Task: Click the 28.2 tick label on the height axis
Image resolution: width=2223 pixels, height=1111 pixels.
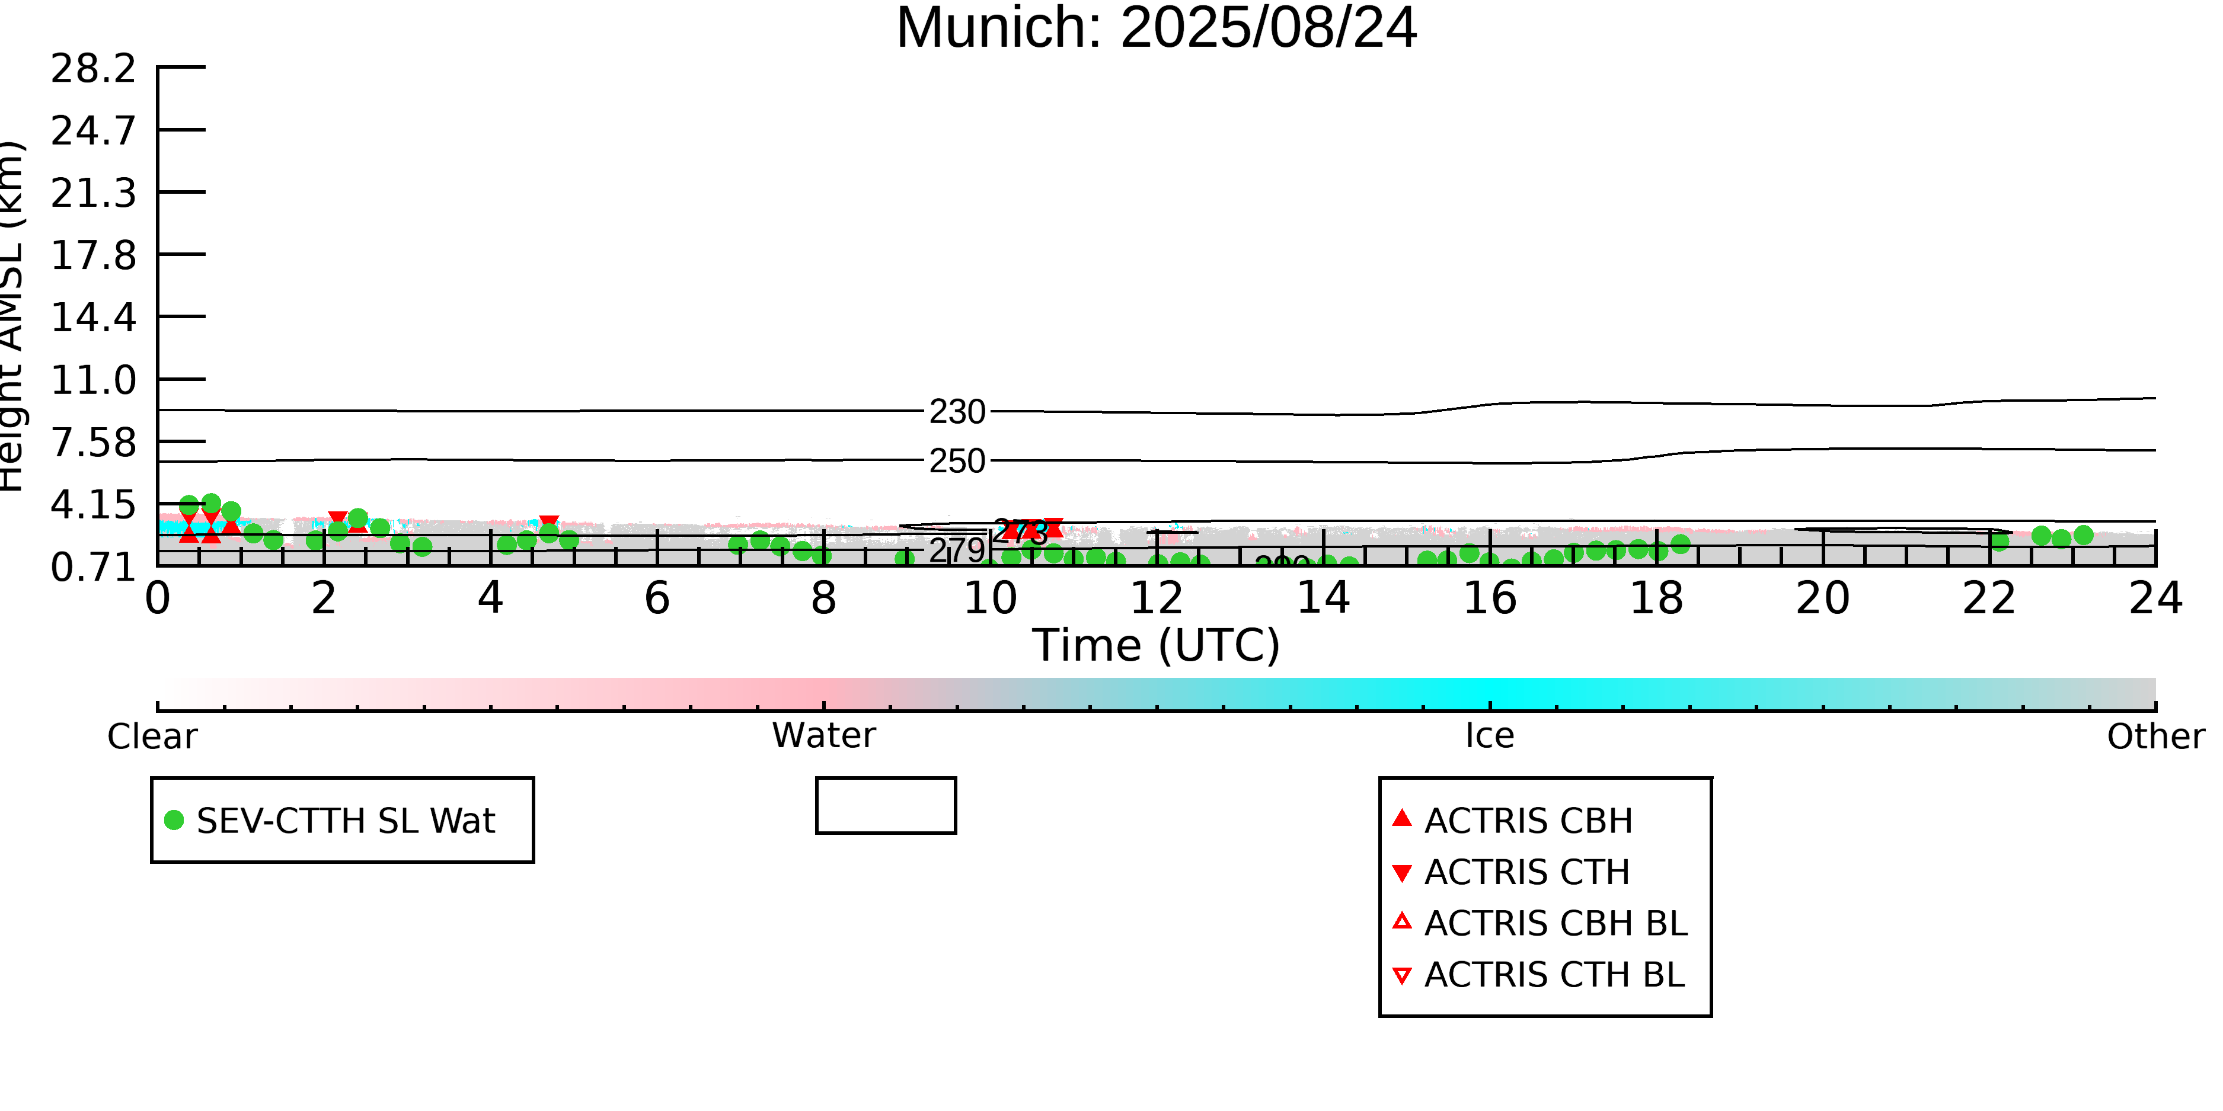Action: point(93,69)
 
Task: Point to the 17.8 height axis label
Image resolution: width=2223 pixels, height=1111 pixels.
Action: point(93,256)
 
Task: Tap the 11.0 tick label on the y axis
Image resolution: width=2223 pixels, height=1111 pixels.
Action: point(93,380)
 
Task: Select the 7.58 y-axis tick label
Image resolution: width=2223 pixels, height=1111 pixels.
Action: point(93,443)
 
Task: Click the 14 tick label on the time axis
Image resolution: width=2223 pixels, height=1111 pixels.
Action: point(1323,598)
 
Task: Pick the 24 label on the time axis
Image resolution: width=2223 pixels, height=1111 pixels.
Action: point(2155,598)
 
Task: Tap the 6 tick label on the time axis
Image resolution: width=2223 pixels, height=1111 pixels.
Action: point(657,598)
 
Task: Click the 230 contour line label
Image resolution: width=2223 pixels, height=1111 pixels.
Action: point(957,412)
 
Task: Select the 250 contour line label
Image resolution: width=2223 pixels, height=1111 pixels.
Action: point(957,462)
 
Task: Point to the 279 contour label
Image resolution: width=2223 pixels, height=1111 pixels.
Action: point(956,549)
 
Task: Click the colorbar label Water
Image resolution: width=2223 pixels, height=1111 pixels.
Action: point(823,736)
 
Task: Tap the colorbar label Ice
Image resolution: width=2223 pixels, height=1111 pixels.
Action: point(1490,736)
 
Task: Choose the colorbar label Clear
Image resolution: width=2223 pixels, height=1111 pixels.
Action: point(152,737)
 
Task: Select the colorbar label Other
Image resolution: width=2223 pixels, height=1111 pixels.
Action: point(2155,737)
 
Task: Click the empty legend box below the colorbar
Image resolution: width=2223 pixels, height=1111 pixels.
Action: point(886,806)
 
